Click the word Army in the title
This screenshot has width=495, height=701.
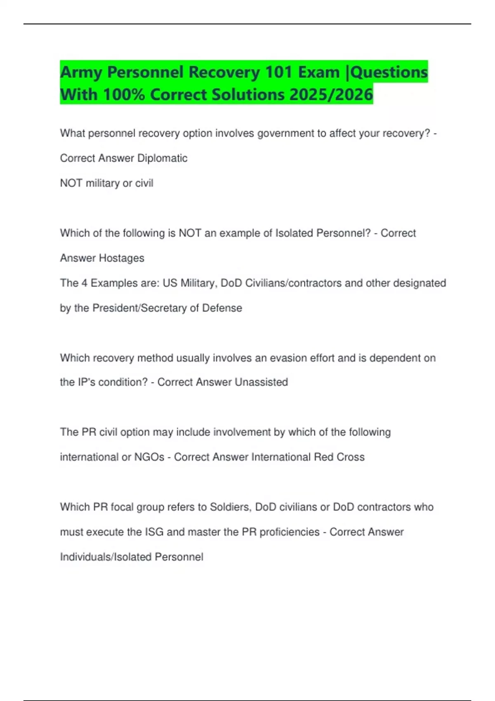point(81,73)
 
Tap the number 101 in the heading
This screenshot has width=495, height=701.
point(279,72)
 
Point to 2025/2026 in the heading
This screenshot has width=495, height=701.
point(331,94)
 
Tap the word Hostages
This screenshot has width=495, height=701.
point(122,258)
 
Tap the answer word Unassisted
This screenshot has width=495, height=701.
point(261,382)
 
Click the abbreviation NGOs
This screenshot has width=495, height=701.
point(149,457)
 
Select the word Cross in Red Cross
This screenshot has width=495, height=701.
point(351,457)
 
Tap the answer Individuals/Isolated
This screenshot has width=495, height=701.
point(105,557)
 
